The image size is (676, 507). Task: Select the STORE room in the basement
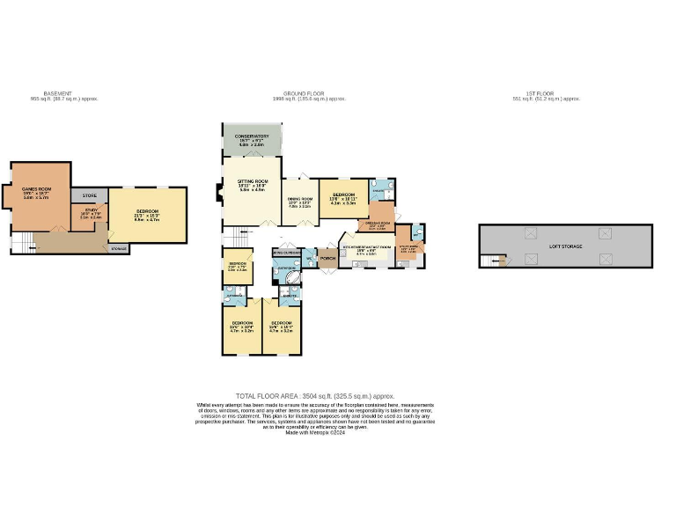pos(89,195)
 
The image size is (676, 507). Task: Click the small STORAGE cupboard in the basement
pos(119,249)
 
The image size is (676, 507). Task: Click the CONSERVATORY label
pos(251,136)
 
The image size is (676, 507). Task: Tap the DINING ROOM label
pos(300,199)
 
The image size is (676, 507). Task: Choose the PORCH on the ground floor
pos(327,259)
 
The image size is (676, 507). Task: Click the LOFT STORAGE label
pos(567,247)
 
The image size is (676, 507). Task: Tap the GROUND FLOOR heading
pos(301,93)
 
